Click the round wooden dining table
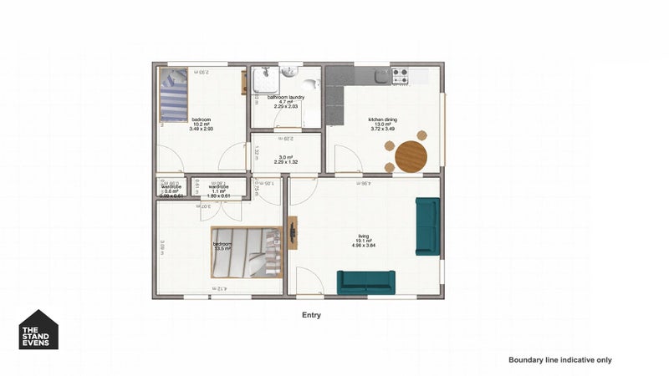point(410,156)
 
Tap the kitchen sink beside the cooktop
point(380,75)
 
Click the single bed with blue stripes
point(176,94)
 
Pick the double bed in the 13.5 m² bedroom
point(247,252)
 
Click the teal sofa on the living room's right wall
point(427,226)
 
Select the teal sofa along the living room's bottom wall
point(366,282)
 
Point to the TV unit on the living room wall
point(292,233)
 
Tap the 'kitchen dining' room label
point(383,119)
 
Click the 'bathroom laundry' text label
point(285,98)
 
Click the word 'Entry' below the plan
point(311,316)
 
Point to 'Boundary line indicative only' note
point(560,359)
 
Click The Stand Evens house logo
point(38,329)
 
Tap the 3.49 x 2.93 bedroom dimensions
point(202,130)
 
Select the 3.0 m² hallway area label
point(285,157)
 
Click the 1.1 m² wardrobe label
point(219,191)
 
